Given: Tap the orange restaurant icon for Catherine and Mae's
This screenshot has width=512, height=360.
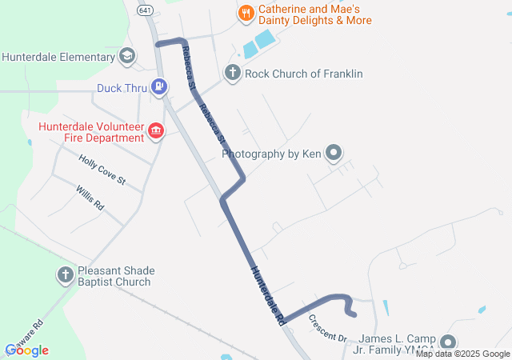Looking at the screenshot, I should [x=246, y=13].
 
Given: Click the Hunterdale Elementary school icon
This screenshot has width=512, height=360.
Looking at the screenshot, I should [x=126, y=57].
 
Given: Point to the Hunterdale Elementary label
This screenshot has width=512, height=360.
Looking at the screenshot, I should [x=58, y=58].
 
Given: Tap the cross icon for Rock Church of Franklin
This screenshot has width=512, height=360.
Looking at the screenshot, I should [x=233, y=74].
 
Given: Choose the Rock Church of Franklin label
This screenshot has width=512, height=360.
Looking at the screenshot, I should [x=304, y=74].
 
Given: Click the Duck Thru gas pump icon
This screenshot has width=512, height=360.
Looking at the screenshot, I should [x=160, y=86].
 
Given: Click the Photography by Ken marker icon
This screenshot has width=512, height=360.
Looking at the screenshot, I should [x=334, y=153].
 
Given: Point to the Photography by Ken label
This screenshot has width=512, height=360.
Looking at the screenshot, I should [x=271, y=154].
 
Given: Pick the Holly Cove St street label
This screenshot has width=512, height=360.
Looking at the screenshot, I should [x=102, y=170].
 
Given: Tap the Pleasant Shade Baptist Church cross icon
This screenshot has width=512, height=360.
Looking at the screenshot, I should [x=65, y=275].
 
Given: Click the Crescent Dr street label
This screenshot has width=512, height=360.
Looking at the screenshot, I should [x=327, y=326].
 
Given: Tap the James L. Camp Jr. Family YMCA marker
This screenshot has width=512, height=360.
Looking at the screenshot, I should [x=448, y=342].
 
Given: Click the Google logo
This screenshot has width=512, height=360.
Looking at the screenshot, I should [x=27, y=350].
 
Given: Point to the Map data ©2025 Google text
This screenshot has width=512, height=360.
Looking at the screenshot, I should [x=462, y=354].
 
